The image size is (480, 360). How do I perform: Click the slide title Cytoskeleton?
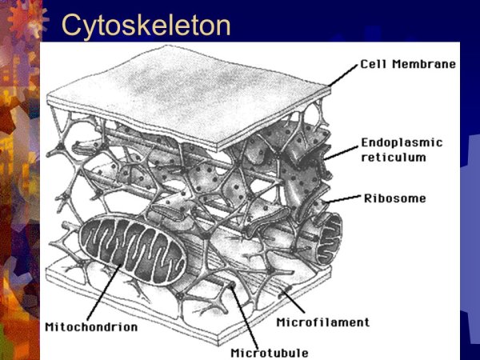click(146, 26)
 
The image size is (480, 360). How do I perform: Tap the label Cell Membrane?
click(408, 64)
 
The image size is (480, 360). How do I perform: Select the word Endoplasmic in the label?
click(402, 142)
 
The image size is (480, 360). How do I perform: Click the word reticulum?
click(394, 158)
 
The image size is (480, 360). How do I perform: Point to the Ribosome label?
click(395, 198)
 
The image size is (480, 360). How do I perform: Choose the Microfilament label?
click(323, 322)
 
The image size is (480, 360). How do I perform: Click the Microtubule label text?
click(270, 353)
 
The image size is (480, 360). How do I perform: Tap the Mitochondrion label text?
click(91, 327)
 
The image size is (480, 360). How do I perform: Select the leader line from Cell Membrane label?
click(343, 75)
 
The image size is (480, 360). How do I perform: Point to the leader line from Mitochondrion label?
click(104, 292)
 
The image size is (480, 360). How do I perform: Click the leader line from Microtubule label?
click(244, 316)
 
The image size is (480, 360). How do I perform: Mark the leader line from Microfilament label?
click(294, 302)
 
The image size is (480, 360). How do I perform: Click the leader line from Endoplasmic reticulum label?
click(341, 153)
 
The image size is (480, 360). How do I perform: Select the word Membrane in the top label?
click(424, 64)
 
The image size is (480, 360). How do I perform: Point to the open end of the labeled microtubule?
click(232, 286)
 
